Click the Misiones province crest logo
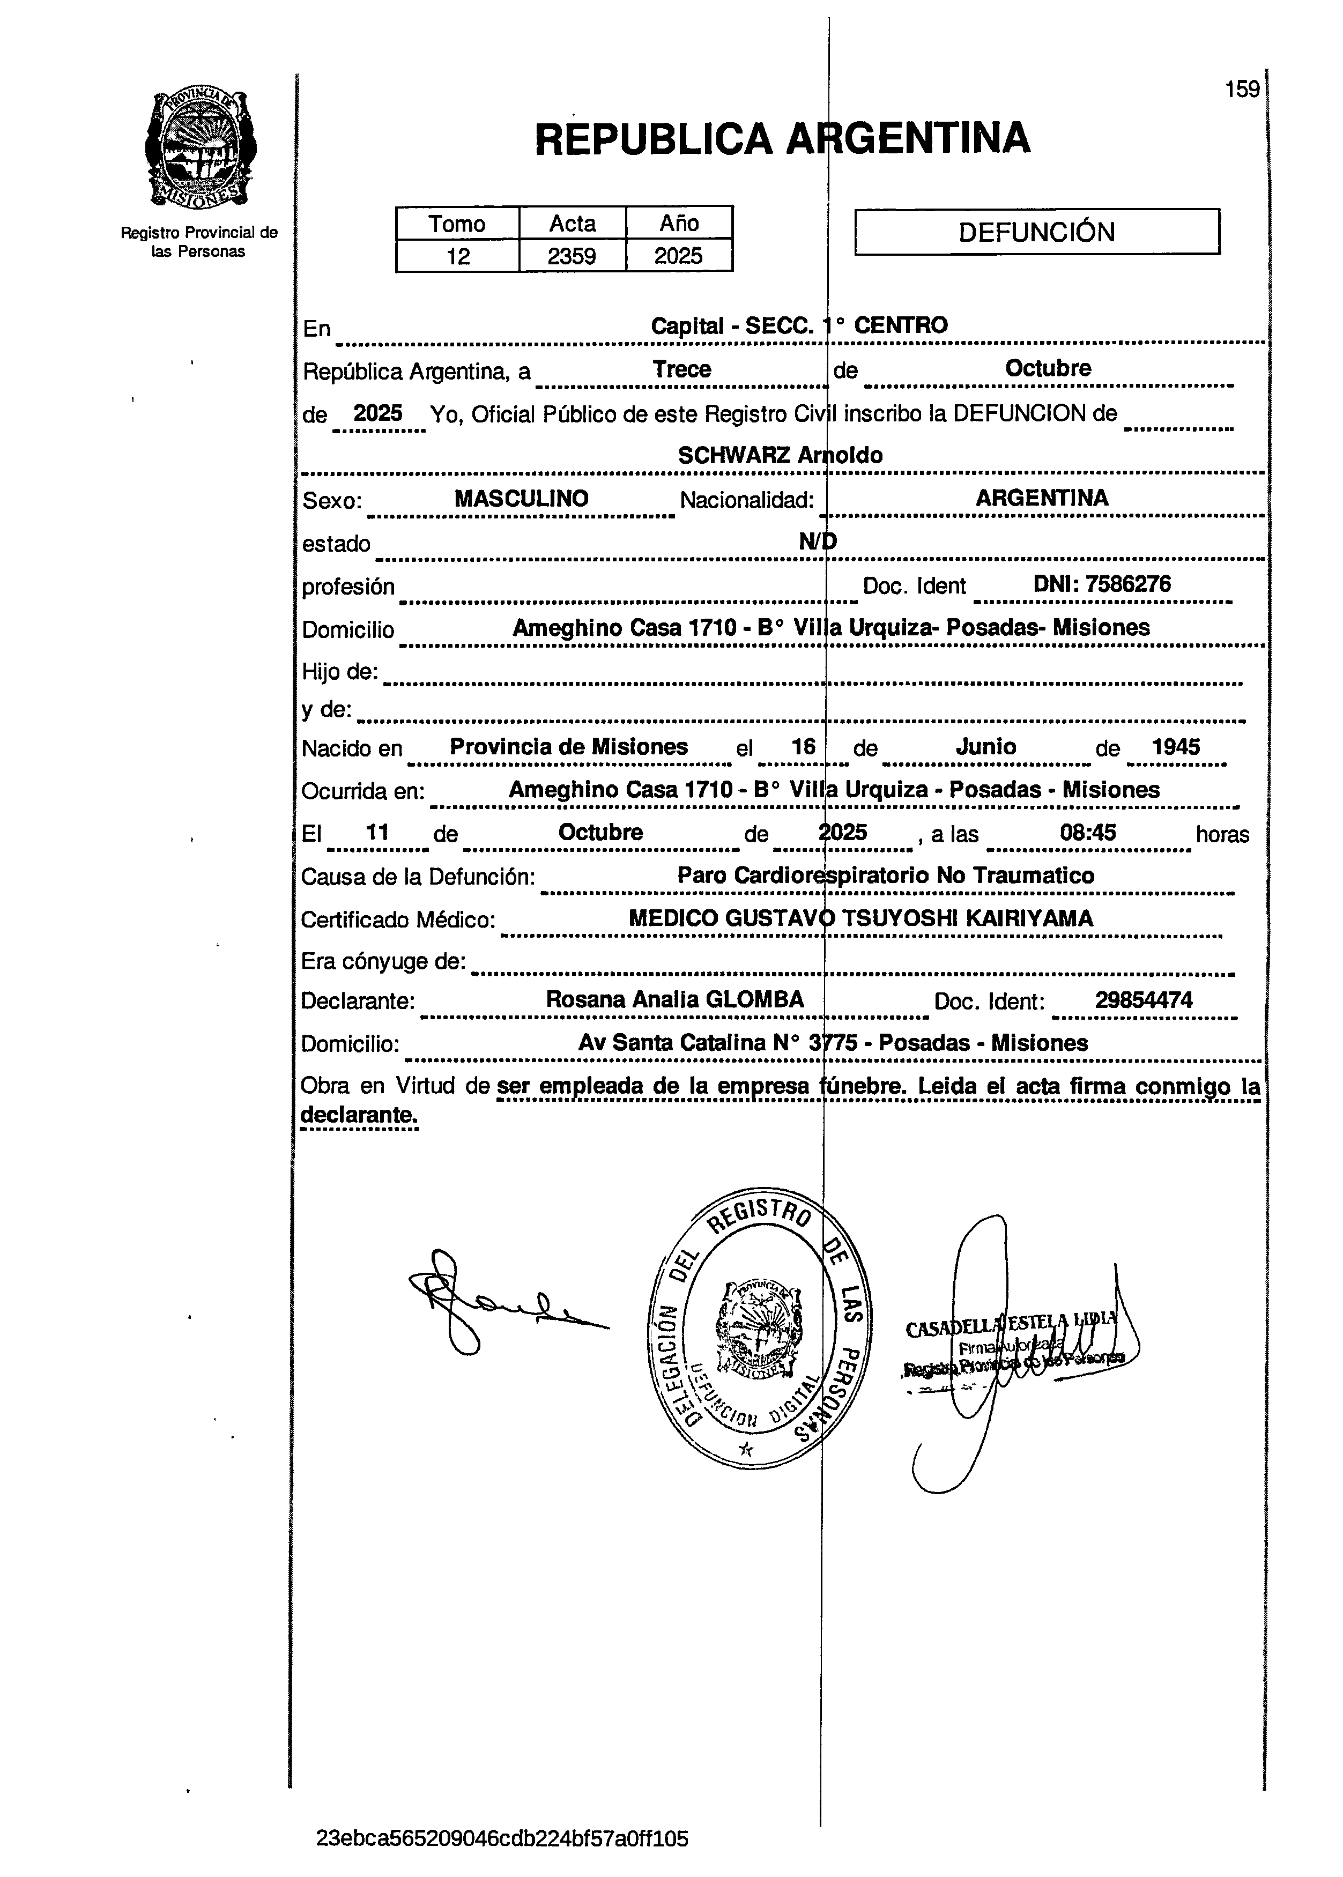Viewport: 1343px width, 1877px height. pyautogui.click(x=200, y=150)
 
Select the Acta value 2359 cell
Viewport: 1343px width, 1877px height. pyautogui.click(x=572, y=256)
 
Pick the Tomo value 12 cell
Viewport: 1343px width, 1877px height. pyautogui.click(x=457, y=256)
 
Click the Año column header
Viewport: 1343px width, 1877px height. pyautogui.click(x=679, y=223)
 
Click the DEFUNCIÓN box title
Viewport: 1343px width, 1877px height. pyautogui.click(x=1036, y=232)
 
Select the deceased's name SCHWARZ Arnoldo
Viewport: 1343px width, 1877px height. pyautogui.click(x=780, y=455)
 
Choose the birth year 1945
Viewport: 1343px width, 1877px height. pyautogui.click(x=1175, y=747)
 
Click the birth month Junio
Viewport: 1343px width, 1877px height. pyautogui.click(x=986, y=747)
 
